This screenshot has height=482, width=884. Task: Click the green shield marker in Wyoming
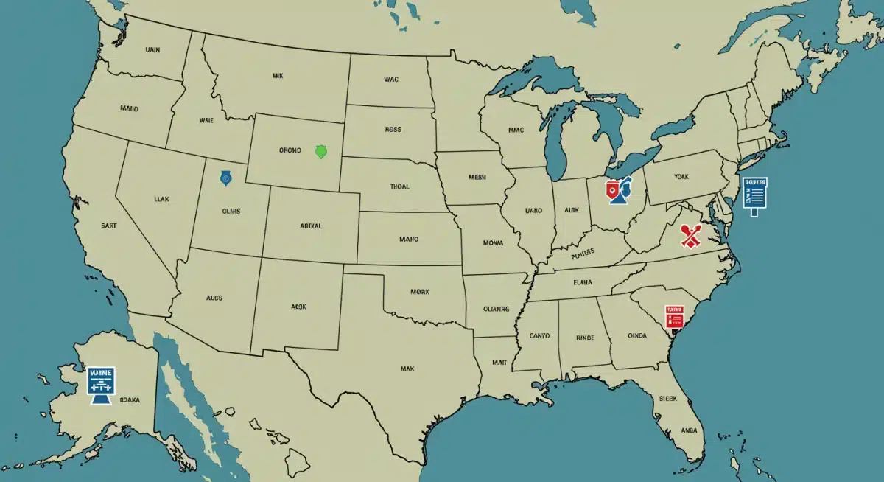tap(320, 153)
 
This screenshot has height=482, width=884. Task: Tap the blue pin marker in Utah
tap(225, 178)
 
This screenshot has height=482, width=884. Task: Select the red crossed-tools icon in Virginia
tap(690, 237)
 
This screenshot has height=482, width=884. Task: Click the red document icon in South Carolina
tap(674, 316)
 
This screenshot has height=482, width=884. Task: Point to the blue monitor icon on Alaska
tap(101, 383)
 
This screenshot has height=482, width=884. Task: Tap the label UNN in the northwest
tap(152, 50)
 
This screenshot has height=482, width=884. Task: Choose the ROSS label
tap(393, 130)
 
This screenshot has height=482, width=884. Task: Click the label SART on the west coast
tap(109, 228)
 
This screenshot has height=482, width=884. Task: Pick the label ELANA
tap(583, 281)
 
